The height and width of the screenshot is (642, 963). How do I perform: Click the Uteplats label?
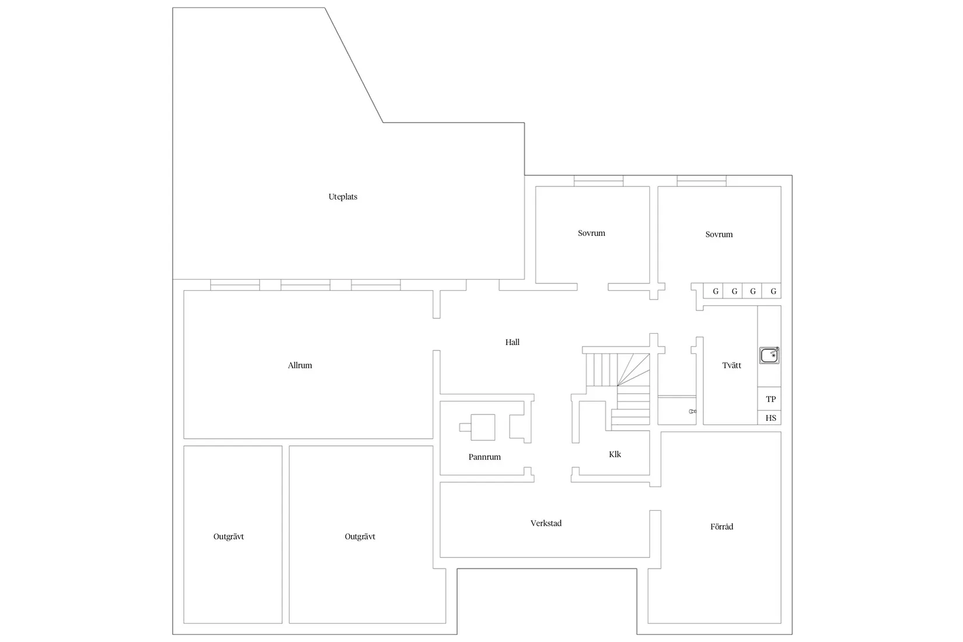tap(343, 197)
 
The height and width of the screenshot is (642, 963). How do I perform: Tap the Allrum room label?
tap(299, 365)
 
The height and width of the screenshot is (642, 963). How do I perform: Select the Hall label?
tap(512, 342)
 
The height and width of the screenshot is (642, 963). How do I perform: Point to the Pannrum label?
tap(484, 457)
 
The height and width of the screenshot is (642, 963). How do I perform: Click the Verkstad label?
tap(546, 524)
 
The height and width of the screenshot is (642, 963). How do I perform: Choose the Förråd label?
tap(721, 526)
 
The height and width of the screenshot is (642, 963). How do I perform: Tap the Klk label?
tap(615, 455)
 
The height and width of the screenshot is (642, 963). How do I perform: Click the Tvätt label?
tap(731, 365)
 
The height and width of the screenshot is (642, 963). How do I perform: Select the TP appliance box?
tap(769, 399)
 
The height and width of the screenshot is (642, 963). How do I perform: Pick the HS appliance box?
tap(769, 418)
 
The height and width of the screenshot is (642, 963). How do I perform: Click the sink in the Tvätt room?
tap(769, 355)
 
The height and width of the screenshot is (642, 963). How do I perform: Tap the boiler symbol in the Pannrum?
tap(477, 427)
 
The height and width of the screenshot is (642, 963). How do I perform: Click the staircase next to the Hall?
tap(618, 390)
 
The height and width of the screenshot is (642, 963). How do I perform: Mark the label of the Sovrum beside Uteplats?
tap(591, 233)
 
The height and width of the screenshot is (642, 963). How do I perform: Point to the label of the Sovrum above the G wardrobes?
tap(719, 235)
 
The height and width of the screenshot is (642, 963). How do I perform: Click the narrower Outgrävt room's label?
tap(228, 536)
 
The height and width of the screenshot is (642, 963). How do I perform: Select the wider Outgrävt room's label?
tap(360, 536)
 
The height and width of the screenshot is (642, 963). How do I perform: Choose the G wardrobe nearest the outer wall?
tap(772, 291)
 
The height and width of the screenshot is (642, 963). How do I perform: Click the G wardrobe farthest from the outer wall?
tap(713, 291)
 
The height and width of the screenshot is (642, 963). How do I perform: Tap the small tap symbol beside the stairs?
tap(692, 411)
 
